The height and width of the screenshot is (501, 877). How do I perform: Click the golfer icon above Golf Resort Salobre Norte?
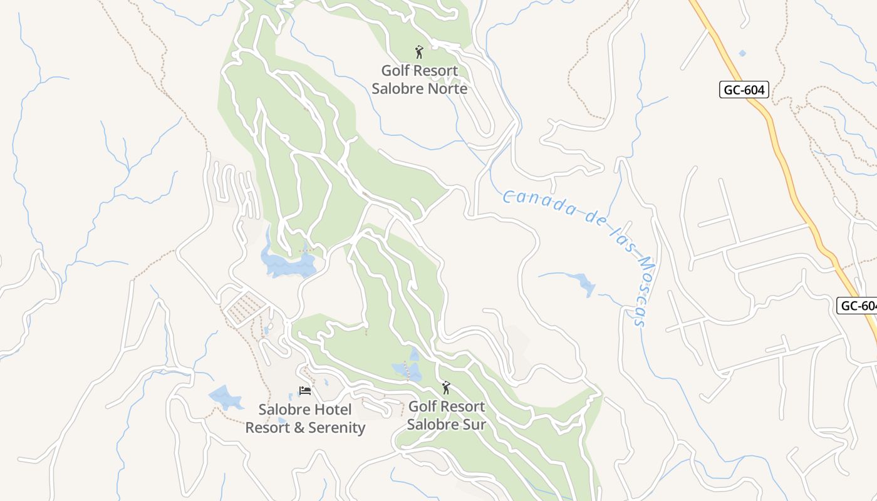point(419,52)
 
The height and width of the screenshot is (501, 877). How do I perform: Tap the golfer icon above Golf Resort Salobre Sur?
point(446,388)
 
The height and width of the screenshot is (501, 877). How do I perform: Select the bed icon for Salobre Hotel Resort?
point(305,391)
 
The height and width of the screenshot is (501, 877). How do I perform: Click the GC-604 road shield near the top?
point(744,90)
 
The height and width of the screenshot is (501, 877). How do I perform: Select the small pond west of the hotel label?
point(224,397)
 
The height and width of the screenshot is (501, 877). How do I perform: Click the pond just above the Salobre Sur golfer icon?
point(408,369)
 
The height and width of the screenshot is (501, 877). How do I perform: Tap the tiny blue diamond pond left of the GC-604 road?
point(742,53)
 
